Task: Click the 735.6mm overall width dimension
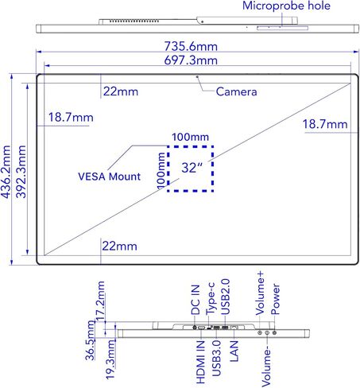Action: (191, 46)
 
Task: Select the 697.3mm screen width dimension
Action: (191, 60)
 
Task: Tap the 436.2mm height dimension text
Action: (6, 172)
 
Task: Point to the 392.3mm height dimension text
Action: (21, 172)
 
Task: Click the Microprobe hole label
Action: (286, 6)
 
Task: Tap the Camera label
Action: (236, 91)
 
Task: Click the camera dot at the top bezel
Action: (197, 77)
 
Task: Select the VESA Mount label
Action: (109, 177)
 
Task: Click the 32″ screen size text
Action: (192, 168)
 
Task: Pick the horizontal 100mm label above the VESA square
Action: (190, 137)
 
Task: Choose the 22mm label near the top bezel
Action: (121, 91)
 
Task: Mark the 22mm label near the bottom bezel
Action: (119, 246)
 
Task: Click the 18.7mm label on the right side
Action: (325, 124)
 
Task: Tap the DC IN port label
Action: (195, 300)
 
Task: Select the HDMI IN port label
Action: (201, 362)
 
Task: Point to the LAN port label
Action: (234, 351)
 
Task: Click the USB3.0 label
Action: (216, 359)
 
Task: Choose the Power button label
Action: (275, 299)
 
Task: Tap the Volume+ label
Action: (260, 293)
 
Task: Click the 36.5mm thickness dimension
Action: (90, 340)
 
